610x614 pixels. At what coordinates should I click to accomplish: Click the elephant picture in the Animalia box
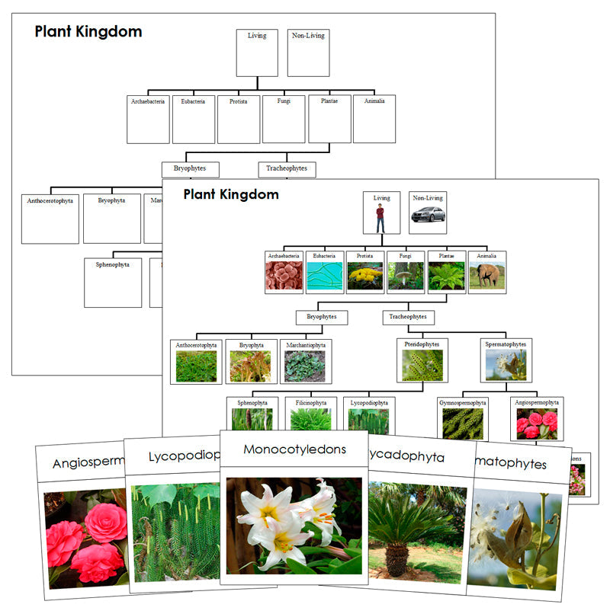[487, 276]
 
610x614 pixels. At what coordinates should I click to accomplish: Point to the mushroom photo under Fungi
[406, 276]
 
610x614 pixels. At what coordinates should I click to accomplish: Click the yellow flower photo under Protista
[365, 276]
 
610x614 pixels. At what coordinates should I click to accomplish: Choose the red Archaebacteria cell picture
[284, 276]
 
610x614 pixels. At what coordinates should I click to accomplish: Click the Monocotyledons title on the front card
[294, 449]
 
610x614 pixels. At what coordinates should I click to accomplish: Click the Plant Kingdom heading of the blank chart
[88, 32]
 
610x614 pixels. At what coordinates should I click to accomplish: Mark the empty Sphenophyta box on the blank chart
[113, 283]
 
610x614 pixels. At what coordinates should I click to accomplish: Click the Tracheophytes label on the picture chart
[408, 317]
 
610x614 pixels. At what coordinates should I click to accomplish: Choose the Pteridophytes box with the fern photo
[422, 360]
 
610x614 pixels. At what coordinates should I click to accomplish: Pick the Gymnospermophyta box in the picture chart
[463, 418]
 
